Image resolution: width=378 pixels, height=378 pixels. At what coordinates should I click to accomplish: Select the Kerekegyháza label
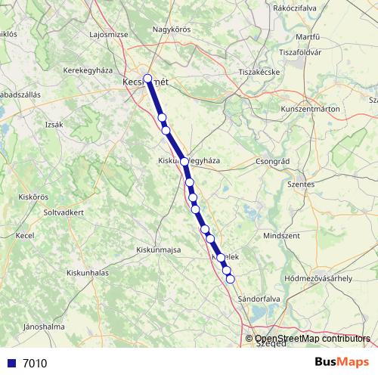coord(87,69)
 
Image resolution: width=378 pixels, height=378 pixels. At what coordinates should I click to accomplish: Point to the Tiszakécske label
coord(259,72)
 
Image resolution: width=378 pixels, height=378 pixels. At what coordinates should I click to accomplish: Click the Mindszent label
coord(281,236)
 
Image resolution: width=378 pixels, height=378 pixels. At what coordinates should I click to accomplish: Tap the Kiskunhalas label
coord(88,271)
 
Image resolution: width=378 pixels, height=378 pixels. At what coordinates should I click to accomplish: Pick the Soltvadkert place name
coord(74,212)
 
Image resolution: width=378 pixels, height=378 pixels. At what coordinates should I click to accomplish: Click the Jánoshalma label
coord(44,327)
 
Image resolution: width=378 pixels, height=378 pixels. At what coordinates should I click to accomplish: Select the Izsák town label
coord(54,124)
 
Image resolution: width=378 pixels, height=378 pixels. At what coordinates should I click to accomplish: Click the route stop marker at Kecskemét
coord(147,78)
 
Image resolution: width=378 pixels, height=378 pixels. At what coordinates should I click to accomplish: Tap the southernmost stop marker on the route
coord(231,279)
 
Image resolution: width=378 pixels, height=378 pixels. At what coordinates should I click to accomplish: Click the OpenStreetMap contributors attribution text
coord(313,339)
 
